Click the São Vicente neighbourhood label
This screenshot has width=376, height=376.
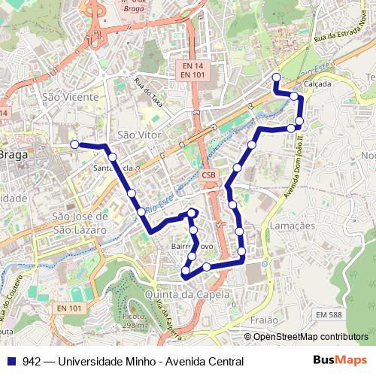tap(70, 97)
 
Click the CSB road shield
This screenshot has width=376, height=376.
tap(208, 175)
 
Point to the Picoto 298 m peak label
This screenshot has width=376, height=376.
tap(132, 321)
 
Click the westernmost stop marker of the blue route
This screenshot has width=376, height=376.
tap(74, 144)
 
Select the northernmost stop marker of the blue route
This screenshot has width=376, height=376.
tap(276, 77)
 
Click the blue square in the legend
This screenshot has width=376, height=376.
tap(12, 360)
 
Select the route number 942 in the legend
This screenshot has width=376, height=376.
tap(32, 360)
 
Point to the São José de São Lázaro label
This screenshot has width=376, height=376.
tap(80, 222)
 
